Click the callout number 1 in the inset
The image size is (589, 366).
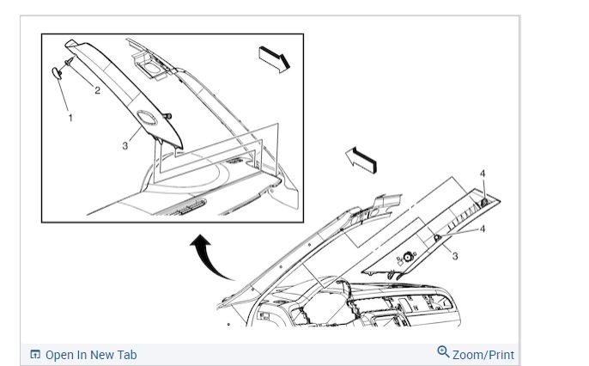pyautogui.click(x=70, y=118)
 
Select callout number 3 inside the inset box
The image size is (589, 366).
pyautogui.click(x=125, y=146)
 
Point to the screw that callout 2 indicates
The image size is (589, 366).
pyautogui.click(x=67, y=63)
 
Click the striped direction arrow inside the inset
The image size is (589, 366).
pyautogui.click(x=275, y=58)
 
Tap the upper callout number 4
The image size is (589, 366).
pyautogui.click(x=483, y=174)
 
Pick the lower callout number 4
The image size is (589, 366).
pyautogui.click(x=483, y=229)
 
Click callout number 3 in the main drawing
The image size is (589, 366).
pyautogui.click(x=455, y=256)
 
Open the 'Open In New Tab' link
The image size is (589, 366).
pyautogui.click(x=90, y=355)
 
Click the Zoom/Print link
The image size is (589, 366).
pyautogui.click(x=483, y=354)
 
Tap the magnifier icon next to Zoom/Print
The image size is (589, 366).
pyautogui.click(x=443, y=352)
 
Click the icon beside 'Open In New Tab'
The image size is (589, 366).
pyautogui.click(x=35, y=355)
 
